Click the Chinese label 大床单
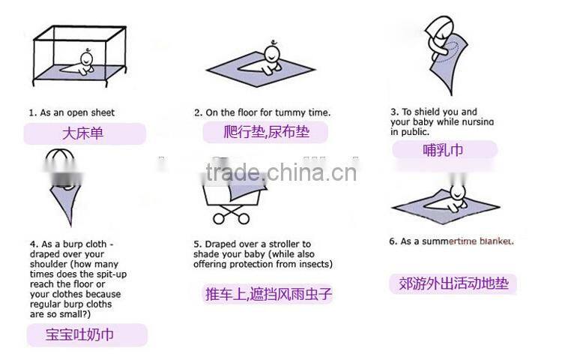[x=82, y=133]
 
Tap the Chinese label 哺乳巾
[x=444, y=149]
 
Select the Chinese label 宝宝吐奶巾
[x=79, y=334]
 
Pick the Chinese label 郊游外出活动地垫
[x=454, y=283]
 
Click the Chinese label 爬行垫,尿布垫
[x=266, y=131]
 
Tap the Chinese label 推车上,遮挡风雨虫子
[x=268, y=294]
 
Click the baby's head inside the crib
[x=87, y=58]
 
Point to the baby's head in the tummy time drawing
[x=273, y=53]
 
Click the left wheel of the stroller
[x=218, y=218]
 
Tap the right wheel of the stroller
[x=244, y=218]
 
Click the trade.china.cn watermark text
[x=281, y=172]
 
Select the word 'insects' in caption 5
[x=315, y=264]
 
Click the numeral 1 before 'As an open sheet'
[x=31, y=113]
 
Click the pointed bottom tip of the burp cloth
[x=70, y=226]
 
